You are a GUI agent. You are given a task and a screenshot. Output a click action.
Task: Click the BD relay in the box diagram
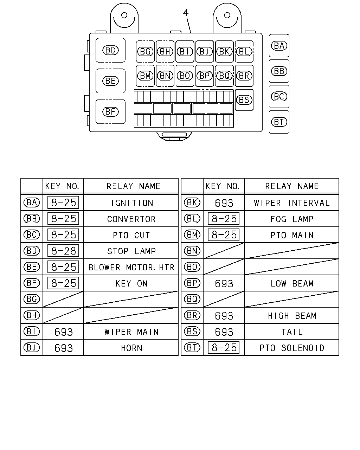click(x=110, y=50)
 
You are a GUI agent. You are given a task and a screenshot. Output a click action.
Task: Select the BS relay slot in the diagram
click(x=244, y=100)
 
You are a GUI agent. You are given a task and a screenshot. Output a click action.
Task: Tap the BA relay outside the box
click(x=279, y=46)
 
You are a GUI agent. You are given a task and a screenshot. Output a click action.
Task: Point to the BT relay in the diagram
click(x=279, y=122)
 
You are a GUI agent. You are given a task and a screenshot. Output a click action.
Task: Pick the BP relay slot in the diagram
click(x=205, y=76)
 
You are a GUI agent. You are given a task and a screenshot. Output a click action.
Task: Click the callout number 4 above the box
click(x=186, y=13)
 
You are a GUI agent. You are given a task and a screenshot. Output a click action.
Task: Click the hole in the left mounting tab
click(x=124, y=15)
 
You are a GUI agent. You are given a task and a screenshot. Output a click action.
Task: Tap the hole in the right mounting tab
click(x=227, y=15)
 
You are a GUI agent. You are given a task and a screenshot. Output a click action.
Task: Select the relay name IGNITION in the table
click(x=132, y=203)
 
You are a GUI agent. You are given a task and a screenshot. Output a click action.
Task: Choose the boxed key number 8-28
click(x=63, y=251)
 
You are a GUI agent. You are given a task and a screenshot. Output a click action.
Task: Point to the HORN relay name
click(x=131, y=348)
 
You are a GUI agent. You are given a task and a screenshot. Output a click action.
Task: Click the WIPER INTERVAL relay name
click(x=291, y=203)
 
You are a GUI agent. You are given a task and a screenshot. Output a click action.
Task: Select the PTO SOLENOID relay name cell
click(x=292, y=348)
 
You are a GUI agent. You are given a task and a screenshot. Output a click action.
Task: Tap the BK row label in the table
click(x=192, y=202)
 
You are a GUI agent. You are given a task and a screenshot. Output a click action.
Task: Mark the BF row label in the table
click(x=32, y=283)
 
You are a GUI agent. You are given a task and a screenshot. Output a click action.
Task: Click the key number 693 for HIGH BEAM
click(x=224, y=316)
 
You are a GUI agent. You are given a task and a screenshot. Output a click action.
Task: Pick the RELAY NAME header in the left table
click(x=134, y=186)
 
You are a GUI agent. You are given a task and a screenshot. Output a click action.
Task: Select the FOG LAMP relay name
click(x=292, y=219)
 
